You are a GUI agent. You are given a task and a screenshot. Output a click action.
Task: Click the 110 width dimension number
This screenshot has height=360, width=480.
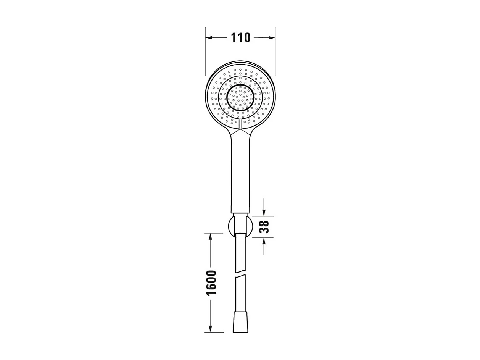240,38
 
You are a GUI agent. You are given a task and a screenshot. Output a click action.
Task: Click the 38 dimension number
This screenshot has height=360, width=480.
264,227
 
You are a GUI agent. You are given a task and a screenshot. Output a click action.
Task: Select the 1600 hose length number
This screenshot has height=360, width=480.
211,283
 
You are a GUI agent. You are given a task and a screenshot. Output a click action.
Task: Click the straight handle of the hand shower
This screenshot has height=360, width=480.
240,172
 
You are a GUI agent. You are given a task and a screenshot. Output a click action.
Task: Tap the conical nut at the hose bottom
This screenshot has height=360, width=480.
240,322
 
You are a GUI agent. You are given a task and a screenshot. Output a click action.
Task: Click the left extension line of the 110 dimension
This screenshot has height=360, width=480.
205,50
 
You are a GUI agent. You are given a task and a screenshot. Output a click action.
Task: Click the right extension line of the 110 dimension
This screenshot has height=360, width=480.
275,50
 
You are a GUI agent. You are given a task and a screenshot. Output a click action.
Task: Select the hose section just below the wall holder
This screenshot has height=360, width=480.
240,252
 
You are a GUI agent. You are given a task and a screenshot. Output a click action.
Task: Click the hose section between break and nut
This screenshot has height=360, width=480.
240,296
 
